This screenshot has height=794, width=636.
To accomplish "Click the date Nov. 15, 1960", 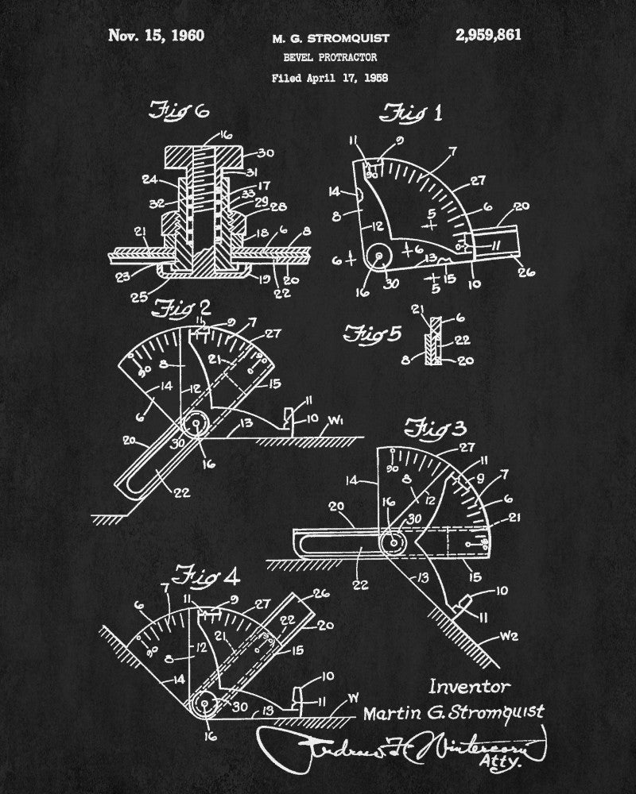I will pos(156,35).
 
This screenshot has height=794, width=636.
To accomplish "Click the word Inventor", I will pos(469,686).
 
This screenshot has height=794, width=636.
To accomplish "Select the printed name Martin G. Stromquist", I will pos(454,711).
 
